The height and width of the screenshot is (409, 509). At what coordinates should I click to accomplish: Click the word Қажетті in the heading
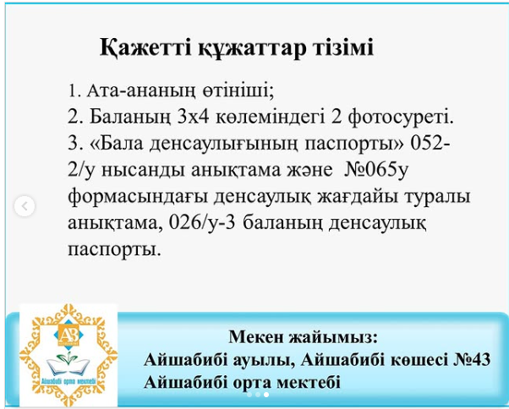pyautogui.click(x=145, y=48)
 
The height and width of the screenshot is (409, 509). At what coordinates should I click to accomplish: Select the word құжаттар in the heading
pyautogui.click(x=252, y=49)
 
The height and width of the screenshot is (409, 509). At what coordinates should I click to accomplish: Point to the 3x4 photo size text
pyautogui.click(x=193, y=117)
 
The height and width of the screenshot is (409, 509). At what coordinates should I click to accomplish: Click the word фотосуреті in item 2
pyautogui.click(x=401, y=118)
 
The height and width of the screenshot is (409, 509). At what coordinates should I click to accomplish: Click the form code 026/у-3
pyautogui.click(x=201, y=224)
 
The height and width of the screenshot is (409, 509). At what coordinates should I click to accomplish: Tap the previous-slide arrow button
pyautogui.click(x=25, y=206)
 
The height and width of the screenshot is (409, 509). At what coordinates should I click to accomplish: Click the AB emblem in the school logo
pyautogui.click(x=68, y=333)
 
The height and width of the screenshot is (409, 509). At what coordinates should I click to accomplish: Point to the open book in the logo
pyautogui.click(x=68, y=366)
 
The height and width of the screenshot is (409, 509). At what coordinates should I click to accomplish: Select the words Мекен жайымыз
pyautogui.click(x=304, y=337)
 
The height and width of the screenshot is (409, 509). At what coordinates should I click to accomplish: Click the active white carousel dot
pyautogui.click(x=266, y=395)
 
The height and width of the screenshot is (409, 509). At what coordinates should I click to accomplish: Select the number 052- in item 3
pyautogui.click(x=430, y=144)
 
